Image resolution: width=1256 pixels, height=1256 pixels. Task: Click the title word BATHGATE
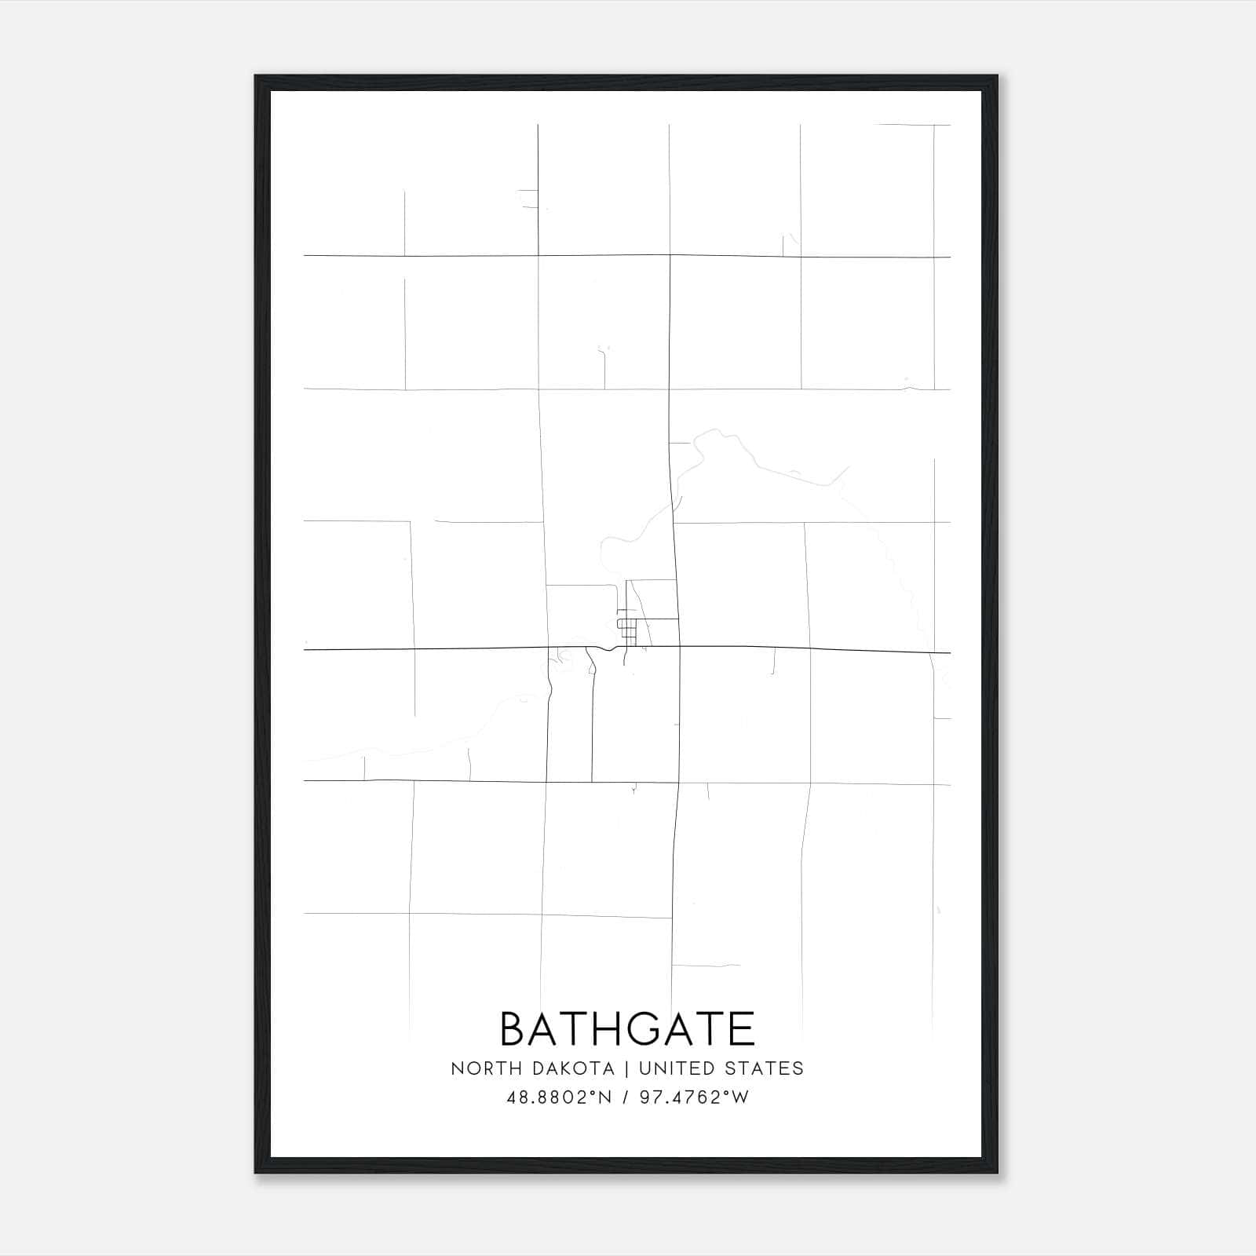point(627,1028)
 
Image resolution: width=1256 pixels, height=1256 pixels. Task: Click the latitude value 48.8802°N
point(559,1097)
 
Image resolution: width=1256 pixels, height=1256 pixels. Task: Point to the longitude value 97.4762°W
point(694,1097)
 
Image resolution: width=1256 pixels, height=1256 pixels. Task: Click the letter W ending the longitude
point(742,1097)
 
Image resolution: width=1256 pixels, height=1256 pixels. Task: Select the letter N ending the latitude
point(605,1097)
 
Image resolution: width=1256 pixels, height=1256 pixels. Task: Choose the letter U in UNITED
point(645,1068)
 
